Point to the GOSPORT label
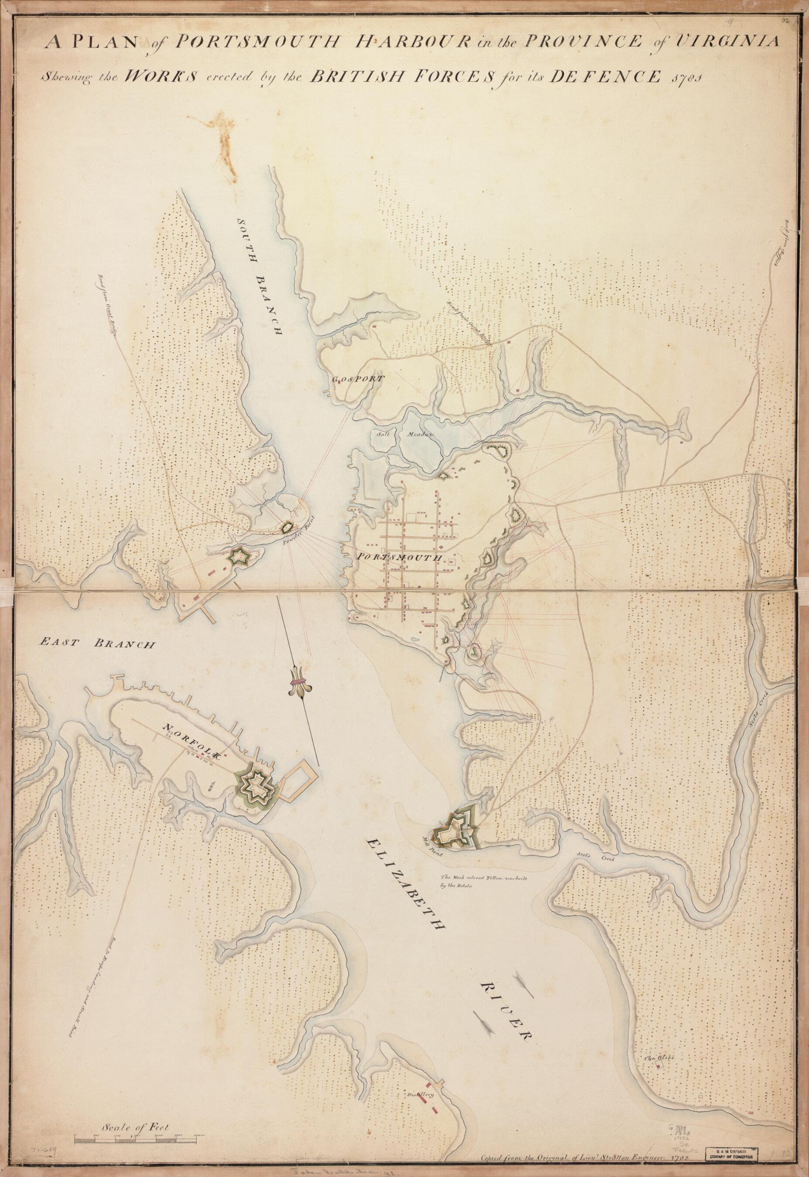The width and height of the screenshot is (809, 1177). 353,379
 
